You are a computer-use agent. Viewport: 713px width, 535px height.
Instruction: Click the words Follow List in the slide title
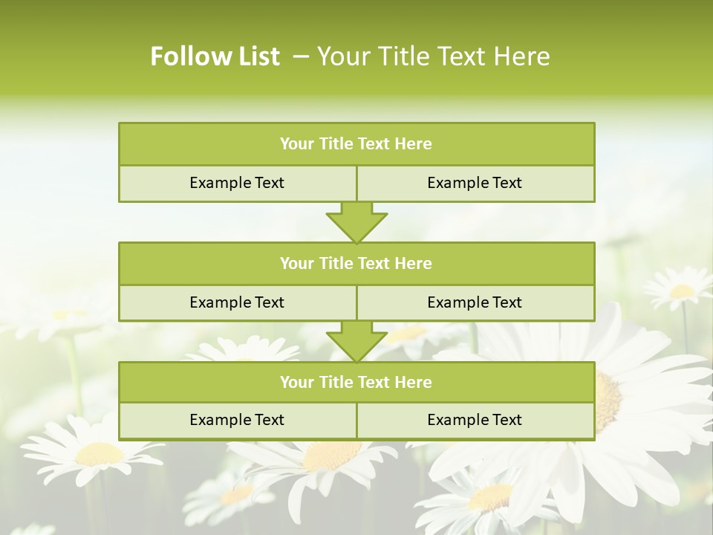pos(215,56)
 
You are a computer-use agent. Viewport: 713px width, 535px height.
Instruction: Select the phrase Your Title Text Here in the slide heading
pos(434,56)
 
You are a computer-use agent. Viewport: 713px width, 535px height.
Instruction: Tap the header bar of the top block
pos(356,144)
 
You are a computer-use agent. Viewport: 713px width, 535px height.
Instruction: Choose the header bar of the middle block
pos(356,263)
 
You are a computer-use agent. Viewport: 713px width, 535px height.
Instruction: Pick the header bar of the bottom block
pos(356,382)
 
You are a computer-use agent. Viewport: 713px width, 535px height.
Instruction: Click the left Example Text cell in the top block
pos(237,183)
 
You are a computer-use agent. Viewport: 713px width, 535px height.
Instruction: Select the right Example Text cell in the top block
pos(475,183)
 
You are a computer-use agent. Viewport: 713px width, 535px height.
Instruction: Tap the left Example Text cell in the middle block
pos(237,302)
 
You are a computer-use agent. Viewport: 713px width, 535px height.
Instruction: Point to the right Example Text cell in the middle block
pos(475,302)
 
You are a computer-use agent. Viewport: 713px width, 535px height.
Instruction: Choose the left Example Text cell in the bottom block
pos(237,420)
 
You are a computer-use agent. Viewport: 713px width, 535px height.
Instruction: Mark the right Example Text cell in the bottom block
pos(475,420)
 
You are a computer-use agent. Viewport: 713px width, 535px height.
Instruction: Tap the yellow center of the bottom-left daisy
pos(99,453)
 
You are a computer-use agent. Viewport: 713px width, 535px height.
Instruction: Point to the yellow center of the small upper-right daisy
pos(681,291)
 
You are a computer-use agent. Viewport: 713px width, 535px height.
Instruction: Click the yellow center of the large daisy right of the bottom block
pos(608,401)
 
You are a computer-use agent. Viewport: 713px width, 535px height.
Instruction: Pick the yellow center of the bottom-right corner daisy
pos(490,496)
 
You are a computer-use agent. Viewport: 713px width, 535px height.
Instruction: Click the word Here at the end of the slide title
pos(524,56)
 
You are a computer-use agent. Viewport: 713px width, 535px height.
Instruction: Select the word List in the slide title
pos(254,56)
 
